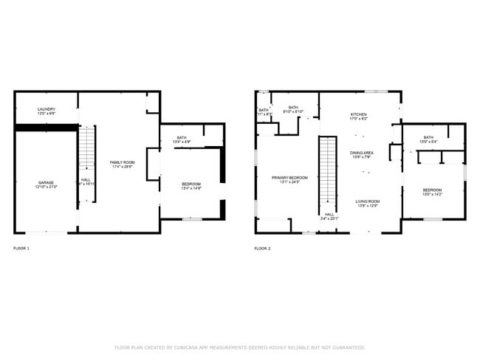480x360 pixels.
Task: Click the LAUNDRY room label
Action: [x=46, y=109]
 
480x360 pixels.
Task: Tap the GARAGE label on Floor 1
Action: [x=46, y=182]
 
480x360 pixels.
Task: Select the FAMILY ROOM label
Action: [x=122, y=162]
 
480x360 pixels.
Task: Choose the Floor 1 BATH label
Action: [x=182, y=138]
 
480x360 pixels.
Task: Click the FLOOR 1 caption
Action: [x=21, y=249]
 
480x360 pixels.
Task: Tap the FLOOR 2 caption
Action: [x=262, y=249]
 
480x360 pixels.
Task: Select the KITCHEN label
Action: [x=358, y=115]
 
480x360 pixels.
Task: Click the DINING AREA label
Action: [x=361, y=153]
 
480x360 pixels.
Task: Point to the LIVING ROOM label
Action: [x=367, y=201]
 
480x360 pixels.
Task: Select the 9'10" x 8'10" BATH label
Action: [x=293, y=108]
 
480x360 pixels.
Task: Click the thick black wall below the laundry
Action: [x=46, y=128]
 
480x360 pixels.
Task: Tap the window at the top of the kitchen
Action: [x=375, y=91]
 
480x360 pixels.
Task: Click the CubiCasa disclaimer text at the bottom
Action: [x=239, y=347]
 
